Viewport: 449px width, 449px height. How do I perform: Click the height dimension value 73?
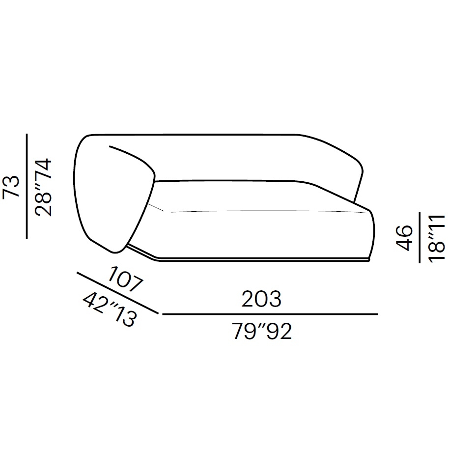click(11, 186)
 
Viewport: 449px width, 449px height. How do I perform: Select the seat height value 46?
click(404, 238)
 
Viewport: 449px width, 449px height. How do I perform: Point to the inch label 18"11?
click(437, 238)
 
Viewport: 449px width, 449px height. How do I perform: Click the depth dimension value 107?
click(125, 279)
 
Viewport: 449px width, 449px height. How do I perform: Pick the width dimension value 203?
click(261, 299)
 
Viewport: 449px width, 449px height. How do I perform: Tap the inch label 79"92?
click(262, 331)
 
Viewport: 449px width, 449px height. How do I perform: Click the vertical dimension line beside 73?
click(27, 186)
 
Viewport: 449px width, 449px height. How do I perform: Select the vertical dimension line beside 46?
click(420, 237)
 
